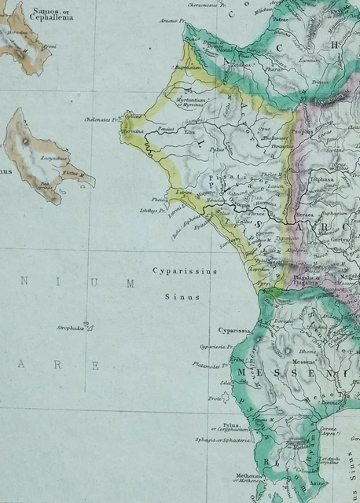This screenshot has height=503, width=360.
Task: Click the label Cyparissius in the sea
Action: [x=184, y=271]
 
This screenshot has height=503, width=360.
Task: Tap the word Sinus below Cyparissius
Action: [x=182, y=297]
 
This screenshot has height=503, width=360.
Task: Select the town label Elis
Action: [x=189, y=133]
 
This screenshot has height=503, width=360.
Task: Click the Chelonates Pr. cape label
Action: [x=101, y=120]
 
